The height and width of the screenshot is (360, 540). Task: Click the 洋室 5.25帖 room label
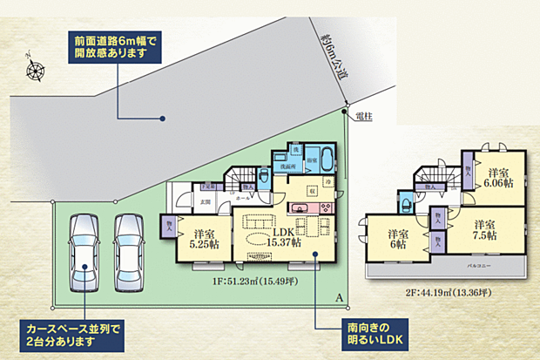[x=206, y=238]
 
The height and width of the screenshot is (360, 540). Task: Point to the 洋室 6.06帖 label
[x=498, y=178]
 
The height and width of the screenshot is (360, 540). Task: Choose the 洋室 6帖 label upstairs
[x=398, y=240]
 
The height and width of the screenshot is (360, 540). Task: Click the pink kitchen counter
[x=309, y=207]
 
